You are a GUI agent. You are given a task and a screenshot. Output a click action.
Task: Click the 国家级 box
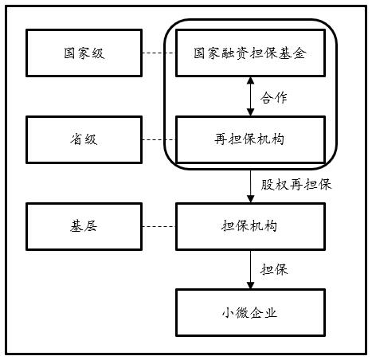[84, 53]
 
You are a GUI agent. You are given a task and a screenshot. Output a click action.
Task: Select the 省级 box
[84, 139]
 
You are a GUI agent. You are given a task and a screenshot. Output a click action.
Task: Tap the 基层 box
[84, 226]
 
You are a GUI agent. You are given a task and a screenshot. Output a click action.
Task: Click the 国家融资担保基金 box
[250, 53]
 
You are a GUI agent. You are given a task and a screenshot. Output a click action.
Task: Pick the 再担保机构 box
[250, 139]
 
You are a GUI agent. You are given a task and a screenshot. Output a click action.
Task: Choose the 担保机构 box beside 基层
[250, 226]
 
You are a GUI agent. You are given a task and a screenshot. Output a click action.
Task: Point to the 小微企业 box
[250, 313]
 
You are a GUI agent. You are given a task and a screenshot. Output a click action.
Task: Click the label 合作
[274, 97]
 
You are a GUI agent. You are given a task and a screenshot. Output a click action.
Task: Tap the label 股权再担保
[296, 185]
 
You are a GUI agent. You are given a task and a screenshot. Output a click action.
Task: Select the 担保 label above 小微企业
[274, 270]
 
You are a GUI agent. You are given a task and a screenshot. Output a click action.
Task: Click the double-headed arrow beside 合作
[250, 96]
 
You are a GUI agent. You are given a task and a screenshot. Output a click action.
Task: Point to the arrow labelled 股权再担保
[250, 186]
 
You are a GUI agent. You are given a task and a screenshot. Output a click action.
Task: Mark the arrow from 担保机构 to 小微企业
[250, 269]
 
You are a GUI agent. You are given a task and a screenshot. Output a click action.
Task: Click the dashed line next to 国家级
[159, 53]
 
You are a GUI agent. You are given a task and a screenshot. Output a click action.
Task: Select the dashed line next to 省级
[159, 139]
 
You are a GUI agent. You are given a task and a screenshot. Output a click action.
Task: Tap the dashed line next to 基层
[159, 226]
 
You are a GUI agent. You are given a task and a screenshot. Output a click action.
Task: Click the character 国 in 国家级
[70, 53]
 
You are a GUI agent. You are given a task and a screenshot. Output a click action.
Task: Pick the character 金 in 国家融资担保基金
[300, 53]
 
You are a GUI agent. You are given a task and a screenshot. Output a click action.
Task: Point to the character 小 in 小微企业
[228, 313]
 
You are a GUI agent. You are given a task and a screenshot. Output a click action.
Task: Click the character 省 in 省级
[76, 139]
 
